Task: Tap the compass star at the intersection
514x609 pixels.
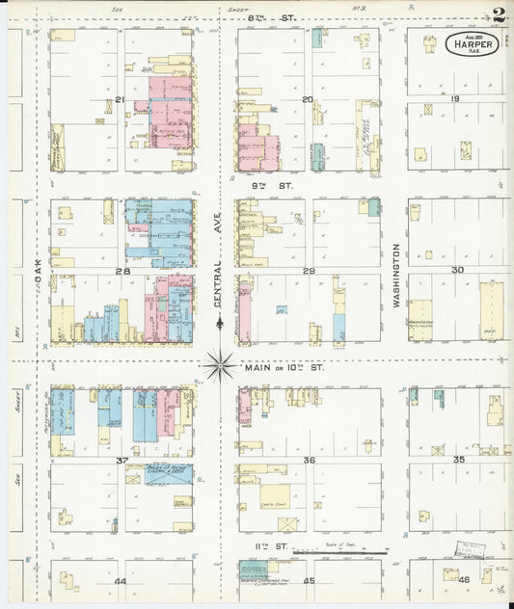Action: click(x=220, y=365)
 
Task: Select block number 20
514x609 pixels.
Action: click(x=308, y=99)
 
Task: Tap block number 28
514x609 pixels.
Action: click(x=122, y=271)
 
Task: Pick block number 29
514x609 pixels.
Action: click(x=309, y=271)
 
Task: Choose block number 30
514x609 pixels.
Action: click(x=457, y=270)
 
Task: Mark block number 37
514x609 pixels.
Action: click(x=122, y=461)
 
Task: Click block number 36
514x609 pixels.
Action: click(x=310, y=461)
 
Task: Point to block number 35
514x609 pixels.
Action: click(x=459, y=460)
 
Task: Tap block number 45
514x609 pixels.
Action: click(x=309, y=581)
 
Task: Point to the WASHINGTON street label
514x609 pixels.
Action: click(x=395, y=276)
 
